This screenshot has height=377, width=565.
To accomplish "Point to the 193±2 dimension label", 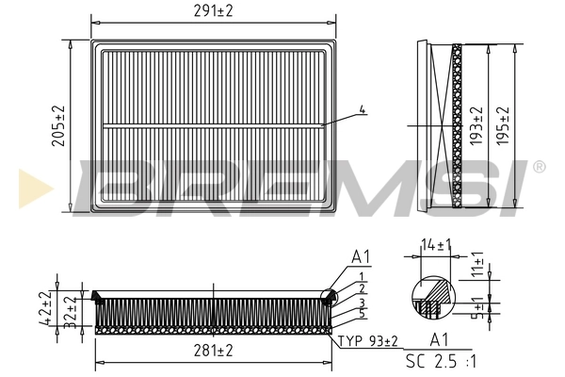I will (478, 124).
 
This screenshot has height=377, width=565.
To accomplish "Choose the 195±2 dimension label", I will (504, 124).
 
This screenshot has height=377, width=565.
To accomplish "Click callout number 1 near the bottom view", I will (362, 275).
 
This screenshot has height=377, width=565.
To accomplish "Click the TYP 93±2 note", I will (367, 340).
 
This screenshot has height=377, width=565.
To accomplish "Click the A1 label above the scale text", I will (438, 340).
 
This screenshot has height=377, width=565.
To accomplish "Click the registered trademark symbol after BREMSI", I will (539, 167).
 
